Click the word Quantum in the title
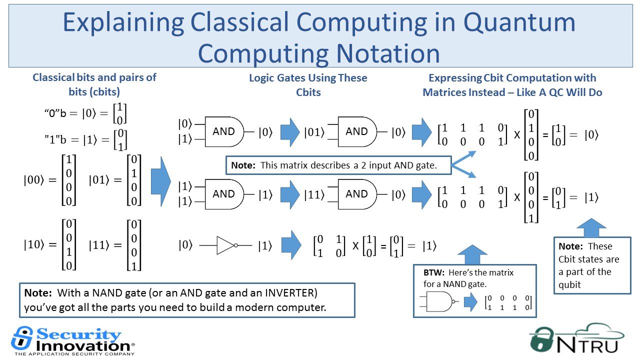point(519,22)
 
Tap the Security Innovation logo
point(73,341)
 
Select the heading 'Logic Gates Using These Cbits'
point(308,85)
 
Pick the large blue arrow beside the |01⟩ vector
point(161,181)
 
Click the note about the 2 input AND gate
point(338,165)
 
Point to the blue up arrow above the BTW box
point(472,254)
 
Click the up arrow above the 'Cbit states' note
point(591,227)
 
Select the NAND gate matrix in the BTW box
point(508,302)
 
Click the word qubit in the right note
point(569,285)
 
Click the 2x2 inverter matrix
point(329,245)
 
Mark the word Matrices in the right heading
point(464,92)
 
